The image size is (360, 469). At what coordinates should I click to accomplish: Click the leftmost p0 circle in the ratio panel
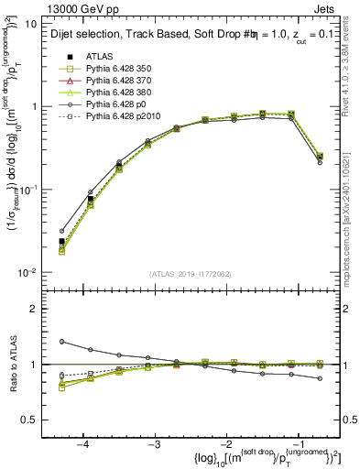62,342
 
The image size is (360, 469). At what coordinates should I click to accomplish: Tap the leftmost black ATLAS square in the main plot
62,241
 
